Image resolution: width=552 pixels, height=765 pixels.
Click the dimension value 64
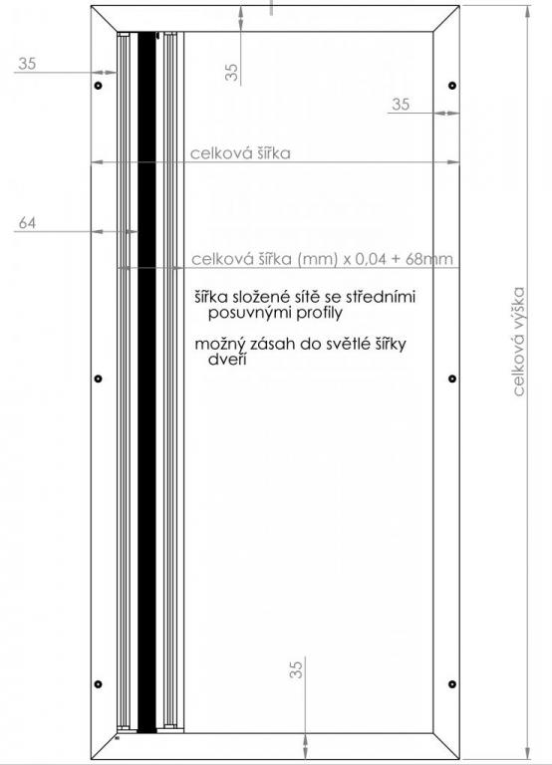(x=27, y=223)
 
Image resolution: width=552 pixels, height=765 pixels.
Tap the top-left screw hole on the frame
(x=98, y=86)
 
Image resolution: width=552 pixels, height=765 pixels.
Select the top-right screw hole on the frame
(x=452, y=86)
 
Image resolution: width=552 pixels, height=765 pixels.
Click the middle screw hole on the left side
(x=98, y=379)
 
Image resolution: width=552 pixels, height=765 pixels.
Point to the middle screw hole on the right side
(x=452, y=379)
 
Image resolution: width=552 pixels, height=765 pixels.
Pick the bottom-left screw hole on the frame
(x=98, y=684)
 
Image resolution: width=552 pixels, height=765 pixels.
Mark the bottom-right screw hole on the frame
(x=452, y=684)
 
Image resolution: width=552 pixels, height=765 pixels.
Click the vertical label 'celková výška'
(x=519, y=341)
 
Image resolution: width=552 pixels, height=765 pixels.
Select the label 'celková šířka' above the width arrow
(x=240, y=153)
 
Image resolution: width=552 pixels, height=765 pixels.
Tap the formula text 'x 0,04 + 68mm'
(x=398, y=259)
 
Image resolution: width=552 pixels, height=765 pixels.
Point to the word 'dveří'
(x=227, y=360)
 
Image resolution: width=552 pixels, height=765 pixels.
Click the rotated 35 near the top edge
(x=232, y=72)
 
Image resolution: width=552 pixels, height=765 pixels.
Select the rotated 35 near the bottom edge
(x=296, y=669)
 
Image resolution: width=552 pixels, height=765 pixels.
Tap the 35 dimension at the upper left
(x=27, y=64)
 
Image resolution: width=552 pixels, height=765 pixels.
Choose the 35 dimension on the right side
(x=401, y=104)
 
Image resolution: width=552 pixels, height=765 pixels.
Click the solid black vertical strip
(x=146, y=382)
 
